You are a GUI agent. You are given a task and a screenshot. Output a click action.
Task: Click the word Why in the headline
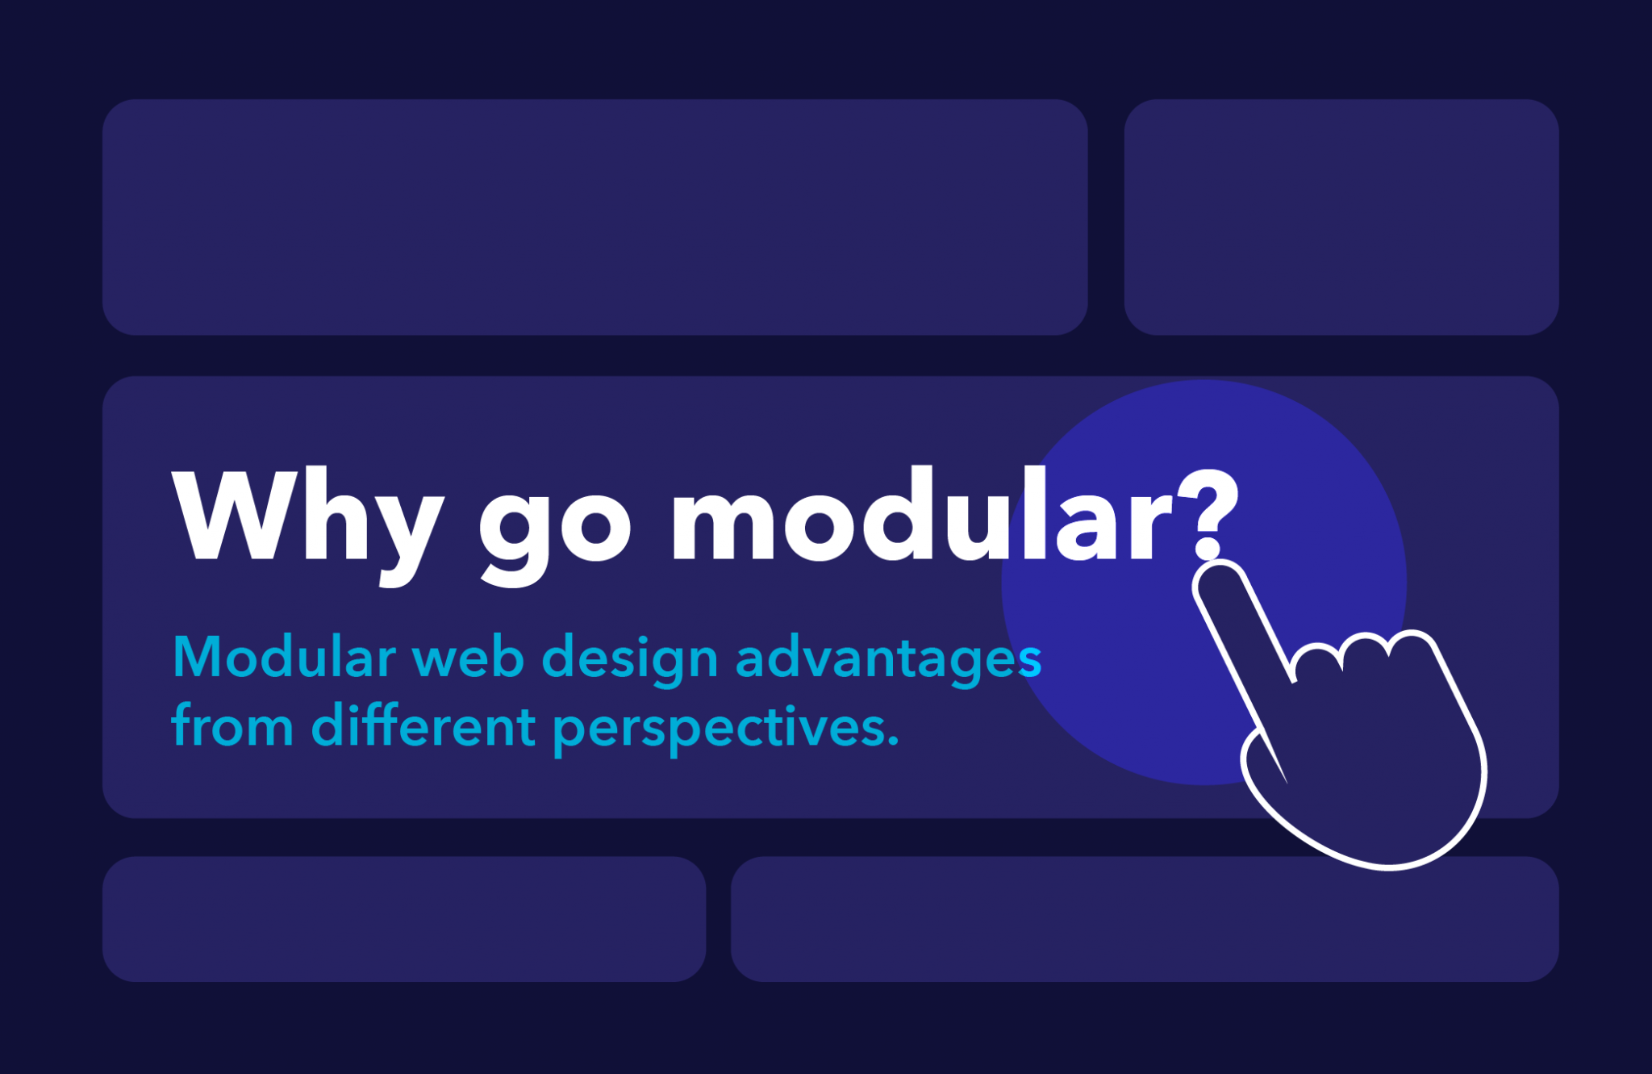point(307,516)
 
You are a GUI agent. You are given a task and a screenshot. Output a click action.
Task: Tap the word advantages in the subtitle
point(888,660)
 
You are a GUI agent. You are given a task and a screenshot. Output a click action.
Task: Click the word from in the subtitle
point(232,725)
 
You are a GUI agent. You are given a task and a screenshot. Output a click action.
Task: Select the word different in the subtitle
point(423,725)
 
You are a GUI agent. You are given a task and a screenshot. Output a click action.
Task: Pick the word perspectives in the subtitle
point(714,729)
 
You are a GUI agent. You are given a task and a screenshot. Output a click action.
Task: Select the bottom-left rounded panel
point(403,919)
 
